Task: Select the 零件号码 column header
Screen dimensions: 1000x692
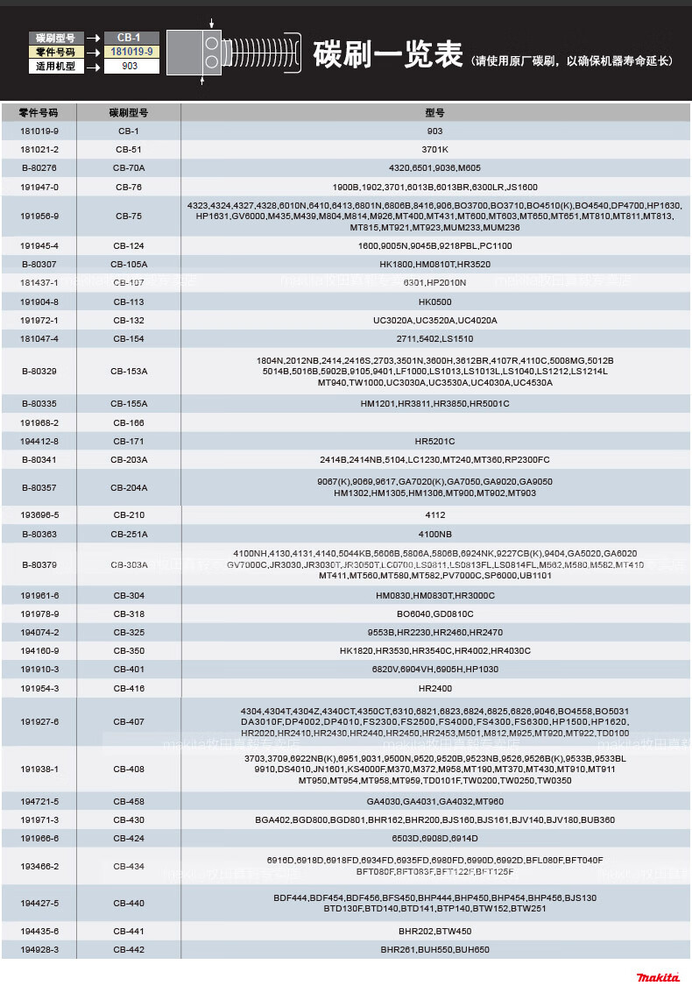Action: point(39,113)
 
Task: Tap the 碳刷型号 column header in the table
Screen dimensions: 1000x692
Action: point(129,113)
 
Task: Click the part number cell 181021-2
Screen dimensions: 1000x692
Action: point(39,150)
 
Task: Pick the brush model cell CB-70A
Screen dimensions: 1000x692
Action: point(129,167)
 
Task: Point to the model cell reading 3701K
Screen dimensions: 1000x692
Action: point(434,150)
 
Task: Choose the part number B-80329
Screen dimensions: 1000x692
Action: point(39,372)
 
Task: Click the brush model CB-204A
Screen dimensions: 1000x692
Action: point(129,487)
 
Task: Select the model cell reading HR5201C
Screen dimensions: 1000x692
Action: point(434,441)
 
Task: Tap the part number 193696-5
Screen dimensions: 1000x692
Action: point(39,514)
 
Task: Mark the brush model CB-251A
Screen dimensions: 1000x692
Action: point(129,534)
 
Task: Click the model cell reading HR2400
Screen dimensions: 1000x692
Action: point(434,688)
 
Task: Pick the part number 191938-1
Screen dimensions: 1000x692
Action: point(39,769)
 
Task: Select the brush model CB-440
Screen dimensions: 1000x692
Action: point(129,903)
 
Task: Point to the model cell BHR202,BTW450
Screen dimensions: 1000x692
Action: point(434,931)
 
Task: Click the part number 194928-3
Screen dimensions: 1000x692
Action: point(39,950)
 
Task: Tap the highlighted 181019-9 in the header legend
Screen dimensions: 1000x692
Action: point(131,52)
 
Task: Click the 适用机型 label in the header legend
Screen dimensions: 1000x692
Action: point(56,66)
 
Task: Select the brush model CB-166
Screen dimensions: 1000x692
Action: point(129,422)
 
